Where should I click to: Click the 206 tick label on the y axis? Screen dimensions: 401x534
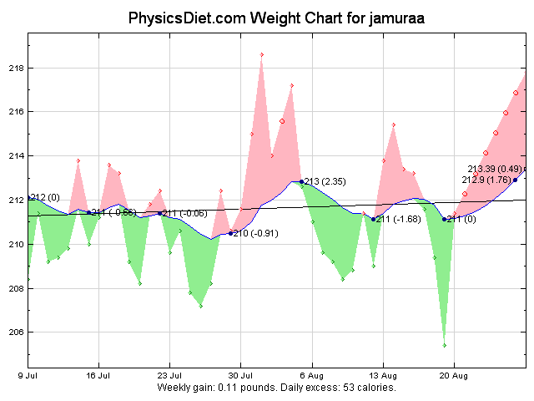pos(14,332)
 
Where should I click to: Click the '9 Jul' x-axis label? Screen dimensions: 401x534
pos(28,376)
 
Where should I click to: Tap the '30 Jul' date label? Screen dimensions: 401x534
pos(241,376)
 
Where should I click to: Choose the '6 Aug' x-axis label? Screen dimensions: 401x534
pos(312,376)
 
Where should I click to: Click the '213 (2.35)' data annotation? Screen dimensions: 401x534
pos(325,181)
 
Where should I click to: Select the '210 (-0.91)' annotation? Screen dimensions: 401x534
pos(254,234)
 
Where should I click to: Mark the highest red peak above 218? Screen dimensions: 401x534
pos(262,54)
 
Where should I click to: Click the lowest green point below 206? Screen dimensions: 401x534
pos(444,345)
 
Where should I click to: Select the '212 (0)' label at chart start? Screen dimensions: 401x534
pos(45,197)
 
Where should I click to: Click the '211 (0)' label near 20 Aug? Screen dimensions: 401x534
pos(461,220)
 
